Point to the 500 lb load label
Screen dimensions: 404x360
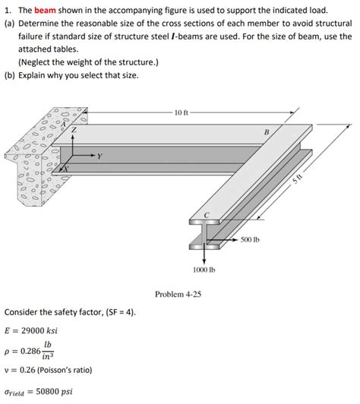[x=251, y=240]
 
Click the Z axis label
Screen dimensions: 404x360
[x=74, y=131]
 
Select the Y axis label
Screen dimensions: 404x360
[x=99, y=157]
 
